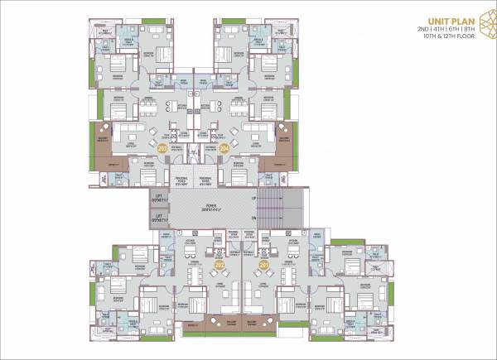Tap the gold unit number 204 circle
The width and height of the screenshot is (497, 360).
[224, 148]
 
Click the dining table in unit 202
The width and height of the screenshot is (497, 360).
[195, 274]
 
